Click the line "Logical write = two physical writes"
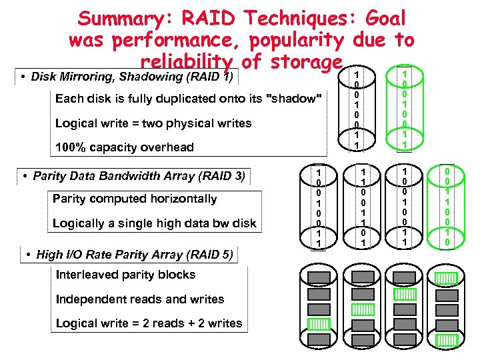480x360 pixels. tap(153, 123)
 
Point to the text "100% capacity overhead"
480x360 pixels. tap(125, 147)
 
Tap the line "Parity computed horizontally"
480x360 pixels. tap(135, 199)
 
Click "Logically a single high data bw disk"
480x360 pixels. tap(154, 223)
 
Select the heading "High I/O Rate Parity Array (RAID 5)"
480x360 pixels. tap(129, 254)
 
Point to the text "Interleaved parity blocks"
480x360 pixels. tap(125, 275)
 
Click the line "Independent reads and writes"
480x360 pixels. tap(139, 299)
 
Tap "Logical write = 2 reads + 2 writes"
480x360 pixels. tap(149, 323)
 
